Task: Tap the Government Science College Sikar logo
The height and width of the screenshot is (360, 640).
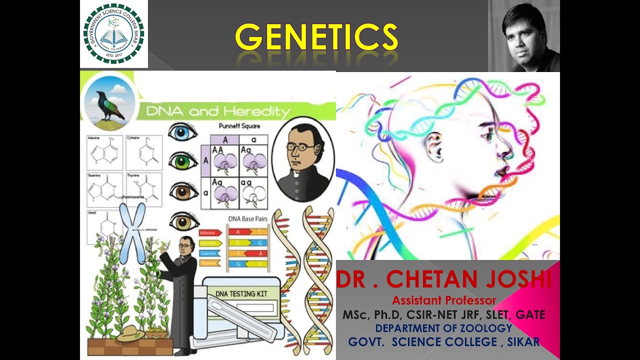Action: coord(114,33)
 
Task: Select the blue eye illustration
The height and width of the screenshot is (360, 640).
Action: coord(182,132)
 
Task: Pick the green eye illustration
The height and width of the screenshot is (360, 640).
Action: coord(183,160)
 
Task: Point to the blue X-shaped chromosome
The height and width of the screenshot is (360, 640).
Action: coord(132,232)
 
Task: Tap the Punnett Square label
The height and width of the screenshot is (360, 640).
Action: coord(239,126)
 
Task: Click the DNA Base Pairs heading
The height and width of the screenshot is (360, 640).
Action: coord(247,218)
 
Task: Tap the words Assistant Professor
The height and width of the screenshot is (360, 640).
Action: coord(444,300)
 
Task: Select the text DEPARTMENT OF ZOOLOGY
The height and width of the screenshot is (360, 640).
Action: coord(443,328)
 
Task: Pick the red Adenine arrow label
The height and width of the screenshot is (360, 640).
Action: coord(210,233)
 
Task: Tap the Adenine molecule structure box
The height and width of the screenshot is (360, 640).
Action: coord(104,152)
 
